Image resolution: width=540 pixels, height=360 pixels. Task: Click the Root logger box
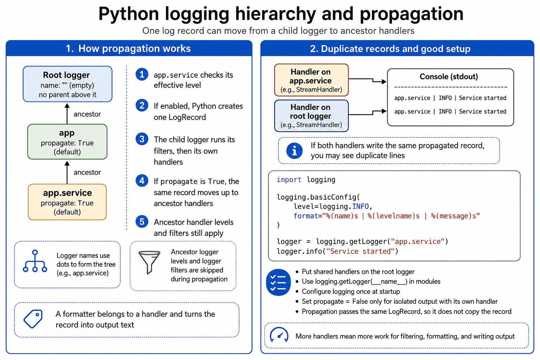67,84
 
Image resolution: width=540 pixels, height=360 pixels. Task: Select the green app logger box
67,142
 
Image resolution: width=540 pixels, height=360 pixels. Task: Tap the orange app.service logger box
67,202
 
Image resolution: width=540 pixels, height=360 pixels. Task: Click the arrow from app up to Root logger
67,114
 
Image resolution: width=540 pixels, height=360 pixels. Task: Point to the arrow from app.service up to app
67,172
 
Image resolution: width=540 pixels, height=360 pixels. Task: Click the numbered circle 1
142,74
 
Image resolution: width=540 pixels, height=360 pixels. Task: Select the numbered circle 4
142,181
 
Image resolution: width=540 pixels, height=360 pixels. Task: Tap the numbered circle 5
142,221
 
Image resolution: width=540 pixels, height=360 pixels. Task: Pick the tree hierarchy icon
35,261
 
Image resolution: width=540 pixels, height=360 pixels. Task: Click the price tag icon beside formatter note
33,319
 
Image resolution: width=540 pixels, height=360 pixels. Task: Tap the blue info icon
294,151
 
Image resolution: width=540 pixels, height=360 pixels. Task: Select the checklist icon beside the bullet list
278,282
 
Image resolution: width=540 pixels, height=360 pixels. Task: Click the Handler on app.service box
311,80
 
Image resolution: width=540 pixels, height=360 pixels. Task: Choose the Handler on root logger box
311,116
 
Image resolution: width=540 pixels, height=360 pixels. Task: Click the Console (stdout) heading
449,76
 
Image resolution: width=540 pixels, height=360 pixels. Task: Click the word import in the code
289,180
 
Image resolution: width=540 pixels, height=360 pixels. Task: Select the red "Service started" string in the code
360,251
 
